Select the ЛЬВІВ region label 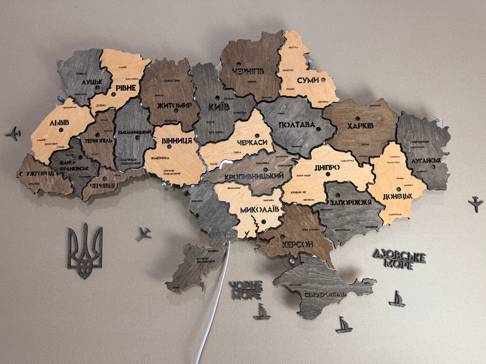[59, 123]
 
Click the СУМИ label [308, 80]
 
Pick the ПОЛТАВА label [297, 125]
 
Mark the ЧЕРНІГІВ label [248, 71]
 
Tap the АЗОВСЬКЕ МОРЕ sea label [399, 259]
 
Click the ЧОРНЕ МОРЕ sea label [246, 290]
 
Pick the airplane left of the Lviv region [13, 133]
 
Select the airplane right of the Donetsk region [475, 204]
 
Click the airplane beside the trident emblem [144, 233]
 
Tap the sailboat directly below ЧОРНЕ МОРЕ [262, 312]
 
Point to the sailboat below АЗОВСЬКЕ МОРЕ [397, 299]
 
